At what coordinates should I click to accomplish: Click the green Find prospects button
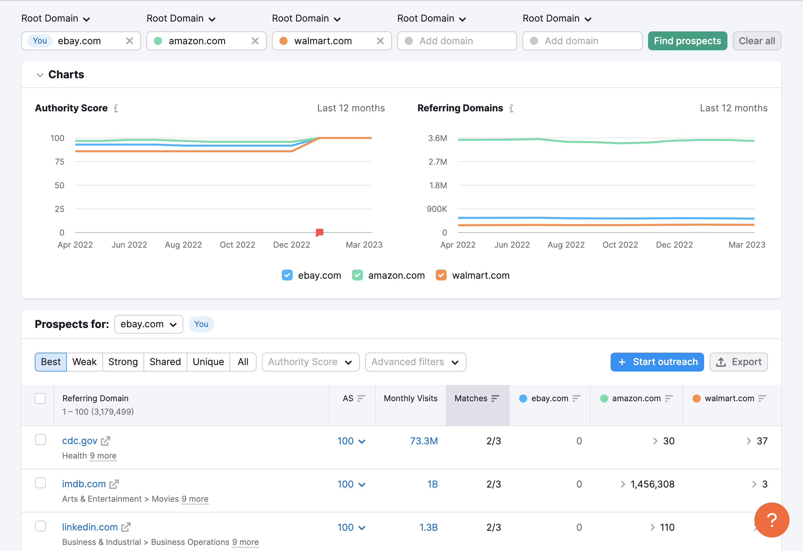[x=687, y=41]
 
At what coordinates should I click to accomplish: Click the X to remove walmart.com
[x=380, y=41]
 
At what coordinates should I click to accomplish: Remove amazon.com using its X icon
[x=255, y=41]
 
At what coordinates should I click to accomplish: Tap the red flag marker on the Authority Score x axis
[x=320, y=232]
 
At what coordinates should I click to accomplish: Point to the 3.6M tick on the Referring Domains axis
[x=437, y=138]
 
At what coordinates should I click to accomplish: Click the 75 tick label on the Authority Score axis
[x=59, y=162]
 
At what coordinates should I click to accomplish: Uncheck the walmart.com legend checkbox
[x=441, y=275]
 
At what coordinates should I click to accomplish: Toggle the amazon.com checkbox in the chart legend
[x=357, y=275]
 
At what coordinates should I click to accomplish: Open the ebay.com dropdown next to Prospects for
[x=149, y=324]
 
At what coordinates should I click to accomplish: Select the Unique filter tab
[x=208, y=362]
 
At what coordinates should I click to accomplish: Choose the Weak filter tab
[x=84, y=362]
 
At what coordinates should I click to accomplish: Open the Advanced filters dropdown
[x=415, y=362]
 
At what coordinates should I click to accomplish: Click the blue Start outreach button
[x=657, y=362]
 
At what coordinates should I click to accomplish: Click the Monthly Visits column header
[x=410, y=398]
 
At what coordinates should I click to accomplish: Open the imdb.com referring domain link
[x=84, y=484]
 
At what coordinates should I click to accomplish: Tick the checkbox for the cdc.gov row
[x=41, y=440]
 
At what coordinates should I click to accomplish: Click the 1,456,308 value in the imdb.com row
[x=652, y=484]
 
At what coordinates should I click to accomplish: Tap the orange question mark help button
[x=772, y=520]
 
